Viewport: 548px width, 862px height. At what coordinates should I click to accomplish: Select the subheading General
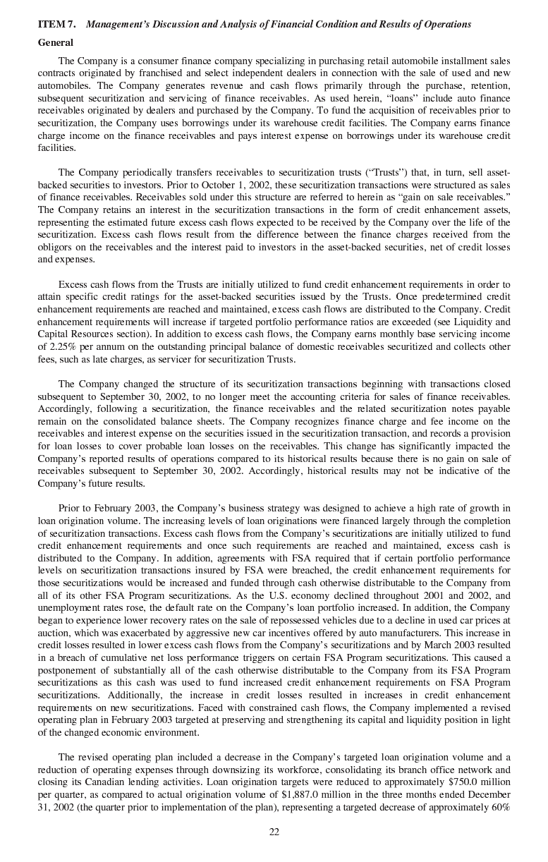[x=55, y=42]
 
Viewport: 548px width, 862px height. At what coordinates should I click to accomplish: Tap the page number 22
[x=274, y=832]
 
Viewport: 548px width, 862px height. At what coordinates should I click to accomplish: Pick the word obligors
[x=57, y=247]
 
